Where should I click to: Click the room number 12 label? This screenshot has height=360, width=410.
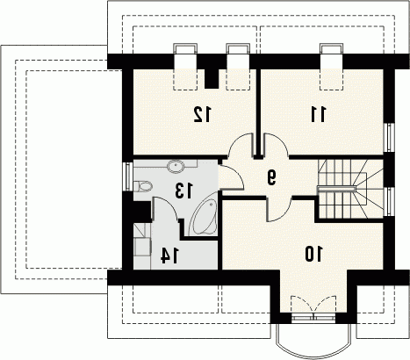point(202,114)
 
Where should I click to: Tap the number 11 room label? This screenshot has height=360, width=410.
point(318,114)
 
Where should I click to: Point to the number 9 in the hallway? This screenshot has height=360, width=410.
point(271,177)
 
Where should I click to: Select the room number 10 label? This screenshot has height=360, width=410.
point(313,254)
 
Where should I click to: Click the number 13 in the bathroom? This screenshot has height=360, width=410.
point(184,191)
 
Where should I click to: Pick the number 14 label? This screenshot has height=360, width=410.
point(169,256)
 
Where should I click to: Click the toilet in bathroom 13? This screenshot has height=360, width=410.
point(143,186)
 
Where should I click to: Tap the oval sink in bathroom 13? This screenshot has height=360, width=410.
point(176,167)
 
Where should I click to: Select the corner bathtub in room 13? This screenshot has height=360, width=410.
point(203,217)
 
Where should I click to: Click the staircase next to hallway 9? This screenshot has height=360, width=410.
point(350,189)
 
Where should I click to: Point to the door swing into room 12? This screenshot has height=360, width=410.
point(240,144)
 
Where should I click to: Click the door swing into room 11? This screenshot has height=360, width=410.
point(277,144)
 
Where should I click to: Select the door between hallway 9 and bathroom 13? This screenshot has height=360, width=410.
point(231,177)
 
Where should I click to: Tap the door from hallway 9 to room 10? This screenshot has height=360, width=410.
point(278,209)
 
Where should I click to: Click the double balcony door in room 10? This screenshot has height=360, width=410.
point(313,306)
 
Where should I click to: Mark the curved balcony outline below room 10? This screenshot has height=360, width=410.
point(313,356)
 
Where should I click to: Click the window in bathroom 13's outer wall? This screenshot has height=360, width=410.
point(128,176)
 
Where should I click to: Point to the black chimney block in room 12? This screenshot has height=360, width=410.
point(212,77)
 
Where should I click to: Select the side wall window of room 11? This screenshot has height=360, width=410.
point(389,138)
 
